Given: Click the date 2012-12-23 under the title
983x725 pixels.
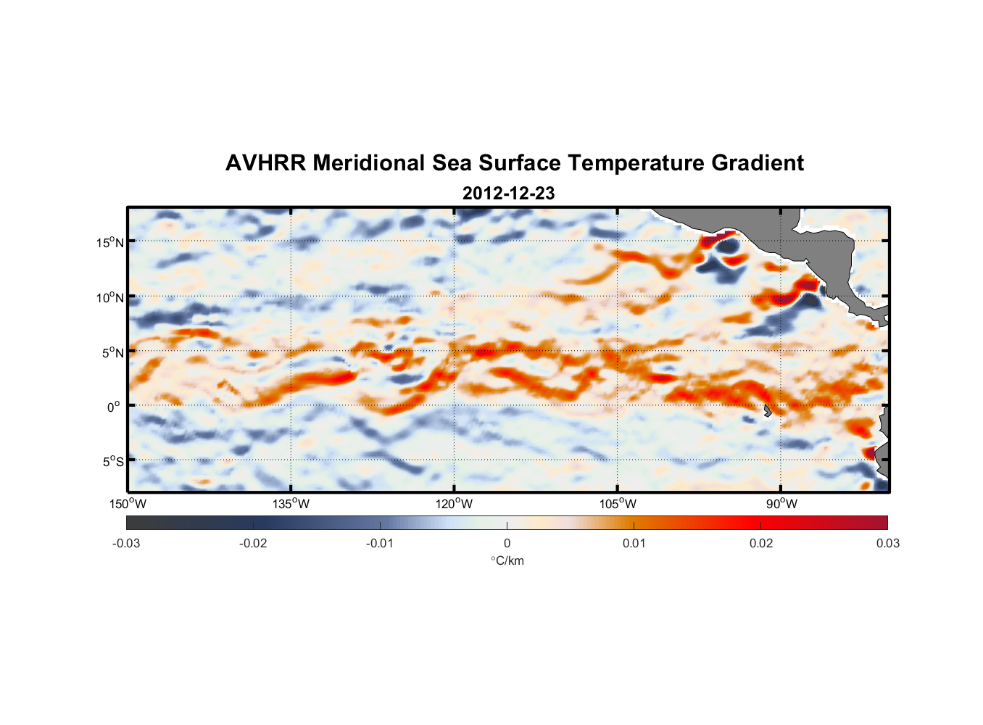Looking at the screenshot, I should (x=508, y=194).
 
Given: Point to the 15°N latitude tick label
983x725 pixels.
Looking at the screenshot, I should (x=110, y=242).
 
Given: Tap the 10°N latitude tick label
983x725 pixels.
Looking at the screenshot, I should (x=110, y=297).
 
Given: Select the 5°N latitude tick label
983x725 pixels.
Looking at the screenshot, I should (x=112, y=352).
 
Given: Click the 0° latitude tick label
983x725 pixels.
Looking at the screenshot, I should (x=114, y=407).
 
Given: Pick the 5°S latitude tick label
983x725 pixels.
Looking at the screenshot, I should (x=112, y=461).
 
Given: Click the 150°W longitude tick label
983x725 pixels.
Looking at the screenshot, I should (x=128, y=504).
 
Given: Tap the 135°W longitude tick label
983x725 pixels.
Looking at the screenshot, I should (x=291, y=504).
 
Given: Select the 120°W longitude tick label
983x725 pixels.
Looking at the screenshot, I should (x=454, y=504).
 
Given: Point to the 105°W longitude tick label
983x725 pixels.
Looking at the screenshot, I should (x=618, y=504).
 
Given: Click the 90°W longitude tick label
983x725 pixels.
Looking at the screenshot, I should (x=781, y=504).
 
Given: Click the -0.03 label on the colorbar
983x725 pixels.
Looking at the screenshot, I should (x=126, y=543).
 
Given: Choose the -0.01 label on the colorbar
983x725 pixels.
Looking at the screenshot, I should (x=380, y=543).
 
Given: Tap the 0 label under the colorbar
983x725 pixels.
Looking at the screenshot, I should (x=507, y=543).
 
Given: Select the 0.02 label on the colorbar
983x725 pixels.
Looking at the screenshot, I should (x=761, y=543).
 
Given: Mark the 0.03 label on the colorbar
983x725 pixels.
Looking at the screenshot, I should (x=887, y=543).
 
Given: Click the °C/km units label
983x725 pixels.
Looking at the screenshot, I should (x=507, y=560).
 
